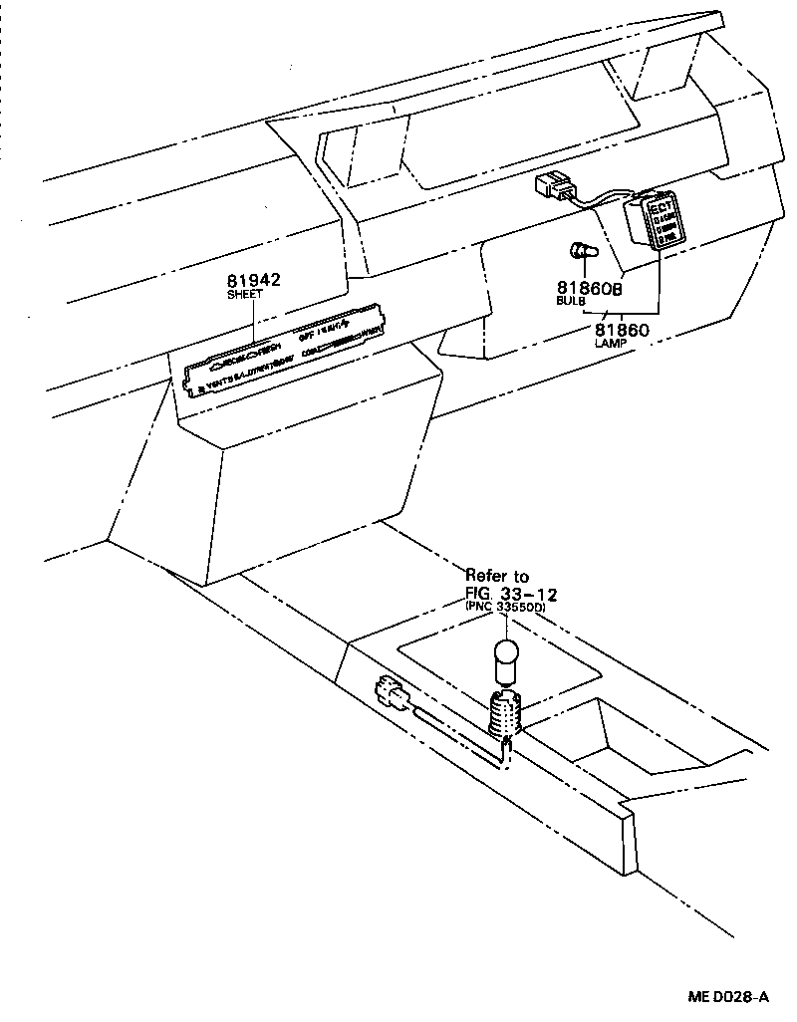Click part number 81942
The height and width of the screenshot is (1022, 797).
coord(254,281)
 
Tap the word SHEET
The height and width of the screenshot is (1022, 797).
coord(245,295)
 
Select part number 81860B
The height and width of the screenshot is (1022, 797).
coord(588,287)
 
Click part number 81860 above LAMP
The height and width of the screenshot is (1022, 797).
coord(622,329)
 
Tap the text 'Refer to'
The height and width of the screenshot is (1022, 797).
coord(497,577)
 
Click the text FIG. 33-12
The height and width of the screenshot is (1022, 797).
coord(510,594)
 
